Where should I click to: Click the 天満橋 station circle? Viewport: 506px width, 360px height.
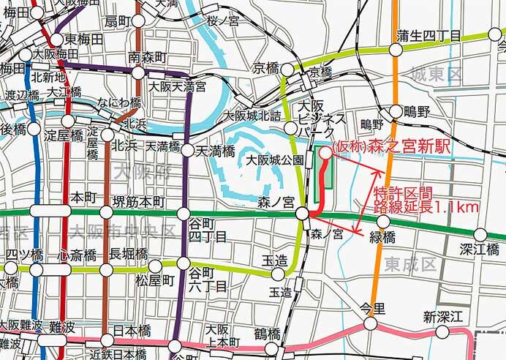tap(187, 151)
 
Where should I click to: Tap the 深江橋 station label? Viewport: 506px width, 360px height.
tap(483, 250)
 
